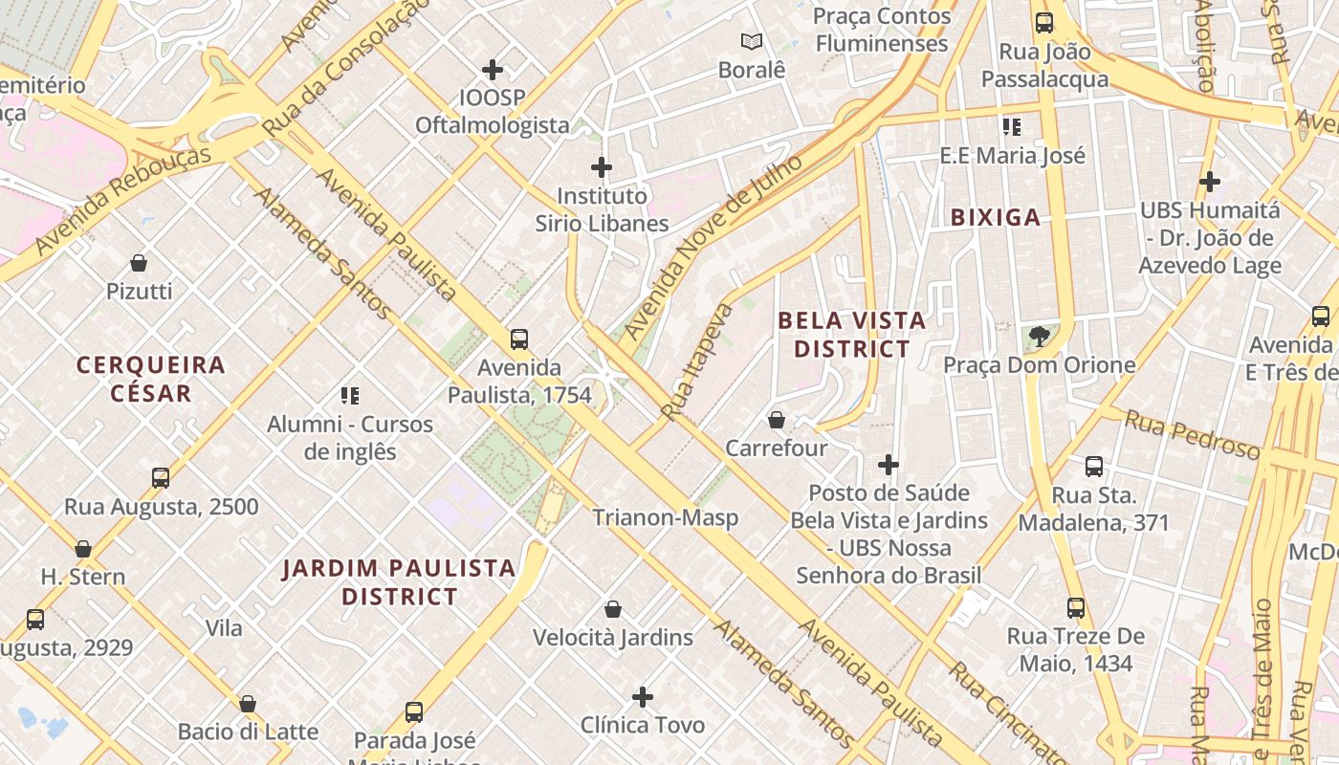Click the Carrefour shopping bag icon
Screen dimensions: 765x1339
(777, 420)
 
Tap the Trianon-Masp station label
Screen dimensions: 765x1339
(665, 518)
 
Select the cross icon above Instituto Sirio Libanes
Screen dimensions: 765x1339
(601, 168)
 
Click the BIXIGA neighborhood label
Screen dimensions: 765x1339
(995, 218)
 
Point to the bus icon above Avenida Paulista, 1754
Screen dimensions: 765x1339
(519, 339)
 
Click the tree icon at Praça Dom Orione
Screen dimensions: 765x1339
(1039, 337)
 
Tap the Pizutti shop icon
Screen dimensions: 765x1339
(139, 263)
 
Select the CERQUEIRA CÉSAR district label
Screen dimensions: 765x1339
(151, 379)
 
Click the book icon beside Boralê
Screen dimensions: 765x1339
(752, 42)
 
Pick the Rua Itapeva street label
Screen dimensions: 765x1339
(696, 362)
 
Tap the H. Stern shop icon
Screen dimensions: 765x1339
(83, 549)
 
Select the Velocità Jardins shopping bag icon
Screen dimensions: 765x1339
(613, 609)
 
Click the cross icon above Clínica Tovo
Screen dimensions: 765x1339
(643, 696)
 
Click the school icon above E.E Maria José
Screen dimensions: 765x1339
(1012, 127)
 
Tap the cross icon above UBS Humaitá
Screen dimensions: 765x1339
(1210, 181)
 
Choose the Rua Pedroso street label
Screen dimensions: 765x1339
(1192, 435)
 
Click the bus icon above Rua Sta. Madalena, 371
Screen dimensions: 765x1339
(1093, 467)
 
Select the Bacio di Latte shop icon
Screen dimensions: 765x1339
(248, 704)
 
